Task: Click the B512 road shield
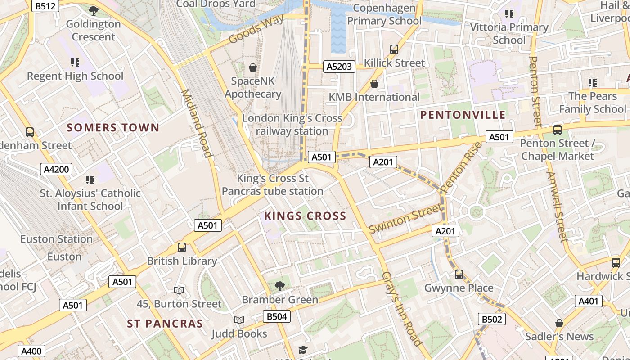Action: click(x=46, y=6)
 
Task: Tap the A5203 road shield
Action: click(x=339, y=67)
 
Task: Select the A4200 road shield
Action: click(x=56, y=169)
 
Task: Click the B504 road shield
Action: click(x=276, y=316)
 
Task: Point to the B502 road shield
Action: click(x=491, y=319)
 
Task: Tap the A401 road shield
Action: click(x=588, y=301)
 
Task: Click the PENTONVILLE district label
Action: click(x=463, y=115)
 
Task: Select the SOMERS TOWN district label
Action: click(x=113, y=128)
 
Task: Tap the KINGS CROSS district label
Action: click(x=305, y=216)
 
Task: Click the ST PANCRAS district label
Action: click(x=165, y=324)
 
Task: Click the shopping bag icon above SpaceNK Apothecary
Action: click(x=253, y=67)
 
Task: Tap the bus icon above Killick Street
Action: click(x=394, y=49)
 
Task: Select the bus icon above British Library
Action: click(x=182, y=247)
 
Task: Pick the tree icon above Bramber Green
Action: click(x=279, y=286)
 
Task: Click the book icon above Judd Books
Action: click(x=239, y=320)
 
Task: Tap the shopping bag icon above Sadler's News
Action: click(x=559, y=323)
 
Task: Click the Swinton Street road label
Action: click(x=405, y=218)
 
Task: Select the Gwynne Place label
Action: click(x=459, y=288)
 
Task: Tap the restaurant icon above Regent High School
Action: click(x=75, y=63)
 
